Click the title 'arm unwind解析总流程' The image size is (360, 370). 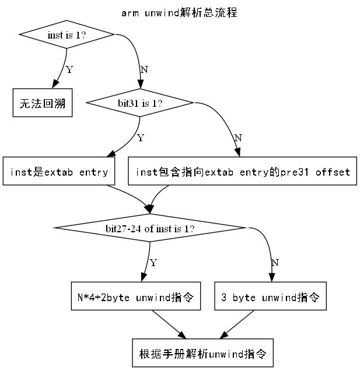click(180, 13)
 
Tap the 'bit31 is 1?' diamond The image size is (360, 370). click(139, 103)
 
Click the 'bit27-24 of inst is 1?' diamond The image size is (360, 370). click(150, 228)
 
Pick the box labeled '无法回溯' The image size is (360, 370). click(42, 103)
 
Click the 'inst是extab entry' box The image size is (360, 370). click(59, 172)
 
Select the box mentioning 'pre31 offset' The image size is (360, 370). click(242, 172)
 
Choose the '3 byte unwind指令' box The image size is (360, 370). click(270, 297)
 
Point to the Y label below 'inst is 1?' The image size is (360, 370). click(69, 70)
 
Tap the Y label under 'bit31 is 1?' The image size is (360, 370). click(139, 138)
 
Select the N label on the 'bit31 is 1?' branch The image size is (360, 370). click(237, 138)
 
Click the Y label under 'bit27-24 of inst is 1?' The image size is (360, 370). click(153, 263)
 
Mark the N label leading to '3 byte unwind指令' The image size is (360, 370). click(275, 263)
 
